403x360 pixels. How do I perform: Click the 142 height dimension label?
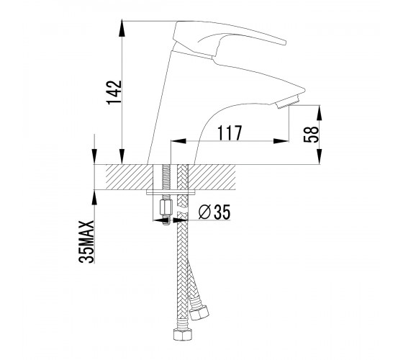tap(114, 92)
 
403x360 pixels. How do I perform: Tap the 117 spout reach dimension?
tap(230, 133)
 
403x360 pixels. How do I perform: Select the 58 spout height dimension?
tap(311, 135)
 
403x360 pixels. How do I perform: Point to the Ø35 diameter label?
tap(214, 212)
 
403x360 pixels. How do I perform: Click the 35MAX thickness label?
tap(86, 241)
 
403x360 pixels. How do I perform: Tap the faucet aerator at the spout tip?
tap(287, 102)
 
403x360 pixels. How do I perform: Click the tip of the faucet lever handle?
tap(284, 42)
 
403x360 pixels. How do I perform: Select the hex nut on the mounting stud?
tap(165, 208)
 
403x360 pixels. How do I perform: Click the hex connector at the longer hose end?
tap(183, 334)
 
